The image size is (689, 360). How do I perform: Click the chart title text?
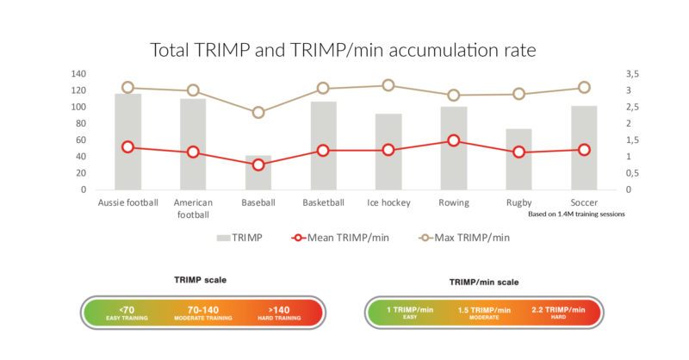pyautogui.click(x=344, y=49)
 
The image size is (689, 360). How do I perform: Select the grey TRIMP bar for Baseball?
pyautogui.click(x=258, y=172)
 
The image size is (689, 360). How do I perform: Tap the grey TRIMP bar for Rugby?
pyautogui.click(x=518, y=159)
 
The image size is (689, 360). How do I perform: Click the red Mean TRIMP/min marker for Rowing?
pyautogui.click(x=454, y=140)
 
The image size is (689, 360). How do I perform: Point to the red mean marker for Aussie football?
pyautogui.click(x=127, y=146)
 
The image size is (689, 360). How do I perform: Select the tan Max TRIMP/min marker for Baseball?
pyautogui.click(x=258, y=112)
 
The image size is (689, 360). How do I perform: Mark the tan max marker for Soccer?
pyautogui.click(x=584, y=87)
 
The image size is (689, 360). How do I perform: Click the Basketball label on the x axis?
pyautogui.click(x=323, y=203)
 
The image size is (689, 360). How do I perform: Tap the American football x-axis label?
pyautogui.click(x=193, y=208)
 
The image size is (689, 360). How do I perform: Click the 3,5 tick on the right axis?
pyautogui.click(x=634, y=74)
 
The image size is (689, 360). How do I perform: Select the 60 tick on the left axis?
pyautogui.click(x=80, y=140)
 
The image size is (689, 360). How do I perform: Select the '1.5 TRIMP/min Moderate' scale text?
pyautogui.click(x=485, y=312)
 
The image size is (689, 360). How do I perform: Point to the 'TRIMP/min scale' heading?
pyautogui.click(x=484, y=282)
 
